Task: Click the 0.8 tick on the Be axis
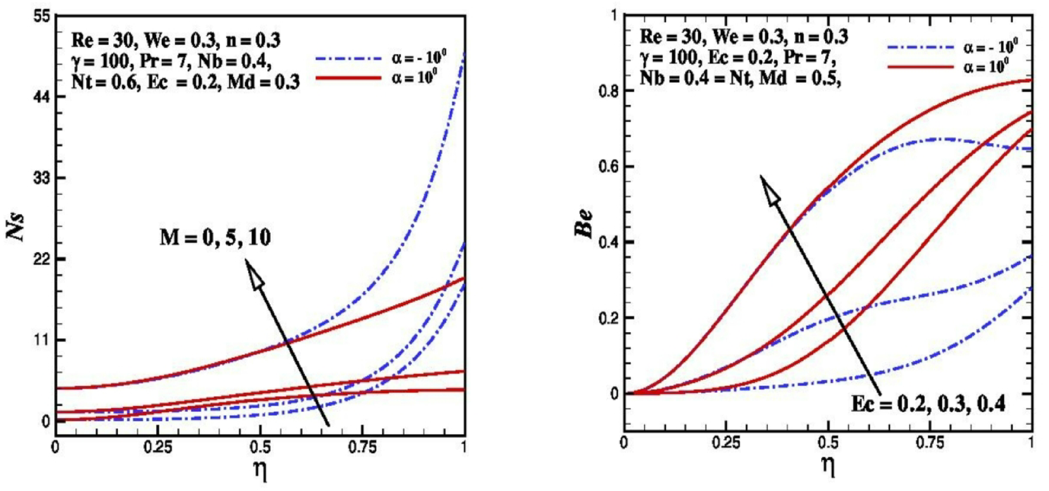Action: point(607,91)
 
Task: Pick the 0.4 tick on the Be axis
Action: point(607,242)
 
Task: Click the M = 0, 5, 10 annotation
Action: point(215,238)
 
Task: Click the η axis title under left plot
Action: point(260,471)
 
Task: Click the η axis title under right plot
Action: point(828,466)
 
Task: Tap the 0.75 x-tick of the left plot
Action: point(362,449)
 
